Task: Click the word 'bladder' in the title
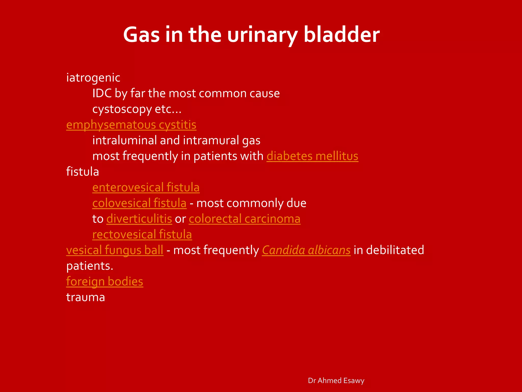(x=342, y=35)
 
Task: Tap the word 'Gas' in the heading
(x=141, y=35)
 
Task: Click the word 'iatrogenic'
(x=93, y=78)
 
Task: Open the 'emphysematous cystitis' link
(x=131, y=125)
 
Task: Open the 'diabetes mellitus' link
(x=312, y=156)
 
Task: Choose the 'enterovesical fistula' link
(x=146, y=187)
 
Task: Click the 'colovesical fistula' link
(x=139, y=203)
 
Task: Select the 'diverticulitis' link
(x=139, y=219)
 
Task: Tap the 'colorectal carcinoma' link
(x=244, y=219)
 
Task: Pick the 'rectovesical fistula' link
(x=142, y=235)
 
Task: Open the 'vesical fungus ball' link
(x=115, y=250)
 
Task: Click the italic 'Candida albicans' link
(x=306, y=250)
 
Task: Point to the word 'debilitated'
(x=395, y=250)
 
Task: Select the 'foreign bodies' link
(x=105, y=281)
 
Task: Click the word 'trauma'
(x=85, y=297)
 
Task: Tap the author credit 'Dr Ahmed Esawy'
(x=336, y=381)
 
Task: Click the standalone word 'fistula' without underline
(x=82, y=172)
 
